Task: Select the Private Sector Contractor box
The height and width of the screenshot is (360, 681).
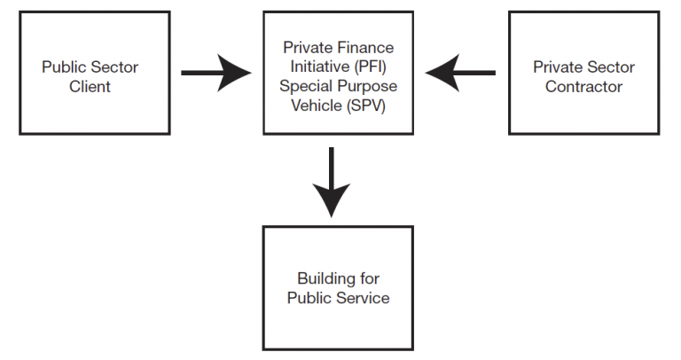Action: point(583,73)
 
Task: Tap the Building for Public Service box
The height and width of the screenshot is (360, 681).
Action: point(338,287)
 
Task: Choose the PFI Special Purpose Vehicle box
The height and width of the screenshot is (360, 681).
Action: point(338,73)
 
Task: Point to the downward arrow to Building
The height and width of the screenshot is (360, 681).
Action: point(331,182)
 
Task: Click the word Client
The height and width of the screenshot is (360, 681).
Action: point(90,86)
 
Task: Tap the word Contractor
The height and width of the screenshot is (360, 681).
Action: point(583,86)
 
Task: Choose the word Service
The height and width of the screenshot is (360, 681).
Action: point(364,298)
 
